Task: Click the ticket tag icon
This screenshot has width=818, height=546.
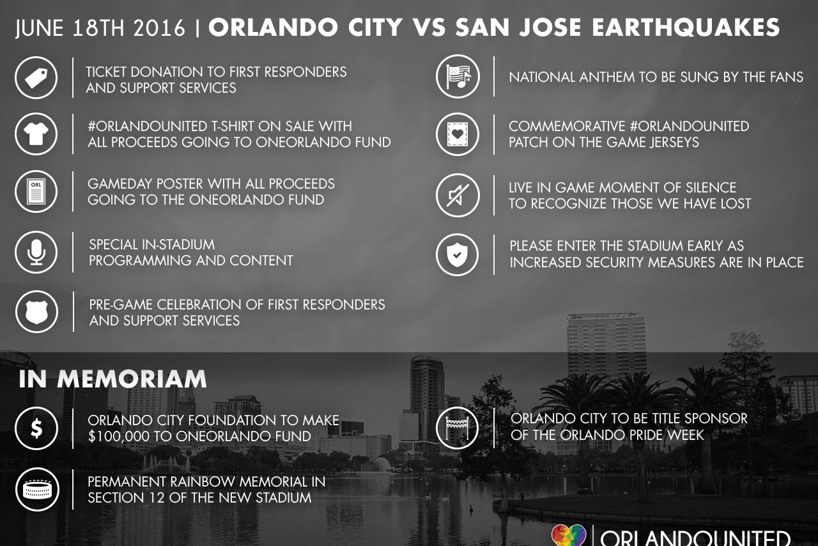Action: [36, 77]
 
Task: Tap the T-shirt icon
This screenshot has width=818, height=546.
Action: [36, 134]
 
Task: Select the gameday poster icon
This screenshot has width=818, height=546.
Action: [36, 191]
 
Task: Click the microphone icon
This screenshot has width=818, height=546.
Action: [36, 252]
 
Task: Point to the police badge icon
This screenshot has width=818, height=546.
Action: [36, 312]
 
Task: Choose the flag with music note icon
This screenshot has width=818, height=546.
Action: [458, 76]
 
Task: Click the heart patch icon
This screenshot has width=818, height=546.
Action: [457, 134]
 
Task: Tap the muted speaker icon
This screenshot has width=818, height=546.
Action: [457, 195]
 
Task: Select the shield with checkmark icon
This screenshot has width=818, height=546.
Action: [457, 254]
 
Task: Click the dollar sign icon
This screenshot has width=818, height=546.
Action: [36, 428]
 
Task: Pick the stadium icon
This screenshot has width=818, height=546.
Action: [37, 489]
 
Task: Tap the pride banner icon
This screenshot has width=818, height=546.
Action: [457, 428]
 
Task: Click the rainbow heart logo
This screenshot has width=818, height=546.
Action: [569, 536]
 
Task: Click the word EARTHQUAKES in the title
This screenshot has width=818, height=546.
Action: [686, 27]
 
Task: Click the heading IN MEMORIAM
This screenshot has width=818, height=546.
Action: [113, 379]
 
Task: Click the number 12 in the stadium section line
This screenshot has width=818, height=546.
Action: [155, 498]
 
